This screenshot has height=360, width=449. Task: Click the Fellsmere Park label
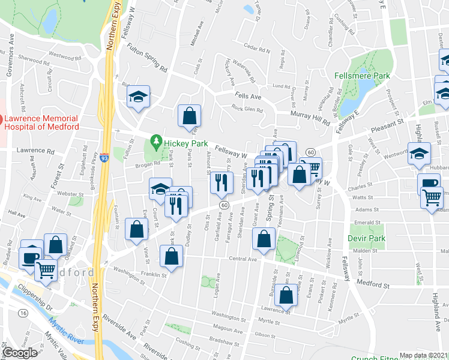pyautogui.click(x=362, y=76)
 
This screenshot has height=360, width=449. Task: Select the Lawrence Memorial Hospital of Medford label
pyautogui.click(x=41, y=122)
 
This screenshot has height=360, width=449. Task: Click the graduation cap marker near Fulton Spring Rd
pyautogui.click(x=139, y=96)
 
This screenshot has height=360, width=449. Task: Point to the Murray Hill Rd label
pyautogui.click(x=310, y=117)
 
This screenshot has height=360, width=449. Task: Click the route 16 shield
pyautogui.click(x=23, y=313)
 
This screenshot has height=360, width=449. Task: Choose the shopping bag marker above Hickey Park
pyautogui.click(x=190, y=115)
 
